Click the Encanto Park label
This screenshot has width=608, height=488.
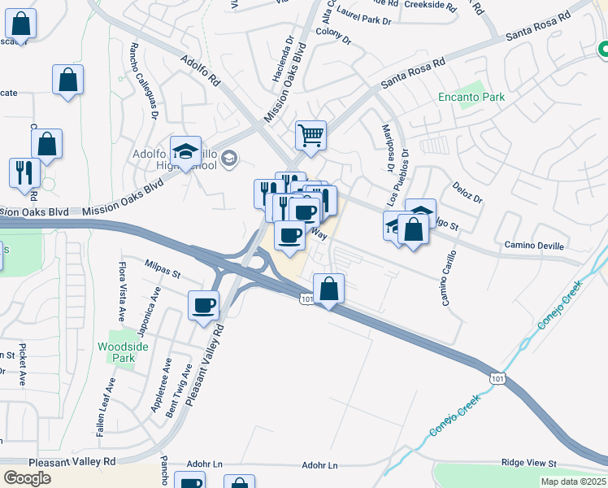(471, 97)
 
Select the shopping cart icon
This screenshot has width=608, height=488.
(311, 135)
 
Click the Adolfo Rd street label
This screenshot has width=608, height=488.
(200, 71)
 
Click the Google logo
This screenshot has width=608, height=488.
(27, 477)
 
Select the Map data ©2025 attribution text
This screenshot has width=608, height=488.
(573, 481)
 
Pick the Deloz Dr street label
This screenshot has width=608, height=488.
(467, 193)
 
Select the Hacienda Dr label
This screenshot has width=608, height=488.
(281, 62)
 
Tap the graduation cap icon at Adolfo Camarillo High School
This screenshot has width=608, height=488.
(185, 151)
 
